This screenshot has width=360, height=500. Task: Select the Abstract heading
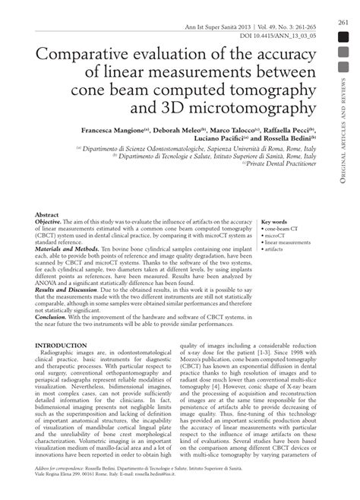48,216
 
